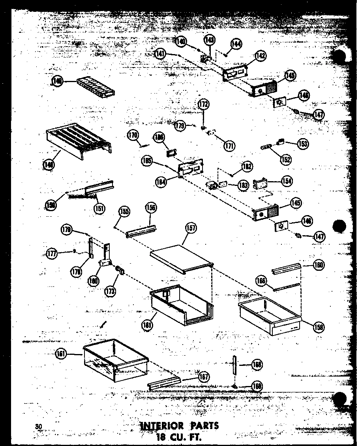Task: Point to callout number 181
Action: tap(148, 325)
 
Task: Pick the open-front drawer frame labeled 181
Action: tap(182, 306)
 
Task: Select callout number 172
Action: tap(204, 105)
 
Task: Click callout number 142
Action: tap(260, 56)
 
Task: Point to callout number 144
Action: tap(237, 44)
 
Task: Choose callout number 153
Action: tap(303, 144)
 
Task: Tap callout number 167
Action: tap(204, 377)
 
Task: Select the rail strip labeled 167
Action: tap(164, 382)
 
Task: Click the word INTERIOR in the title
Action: tap(162, 426)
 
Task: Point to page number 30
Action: tap(38, 425)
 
